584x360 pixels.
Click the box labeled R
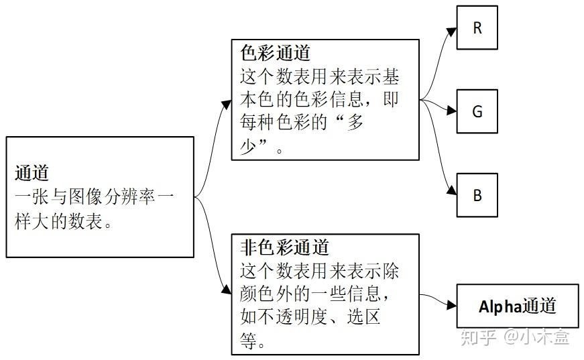coord(477,28)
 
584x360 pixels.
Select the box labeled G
coord(477,111)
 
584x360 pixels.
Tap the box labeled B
coord(477,195)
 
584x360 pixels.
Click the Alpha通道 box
coord(517,306)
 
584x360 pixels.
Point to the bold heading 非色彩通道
coord(284,247)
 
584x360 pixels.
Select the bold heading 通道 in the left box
coord(32,173)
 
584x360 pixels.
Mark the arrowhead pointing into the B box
coord(451,192)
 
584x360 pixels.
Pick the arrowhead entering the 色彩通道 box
coord(226,102)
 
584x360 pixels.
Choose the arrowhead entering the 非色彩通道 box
coord(226,290)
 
